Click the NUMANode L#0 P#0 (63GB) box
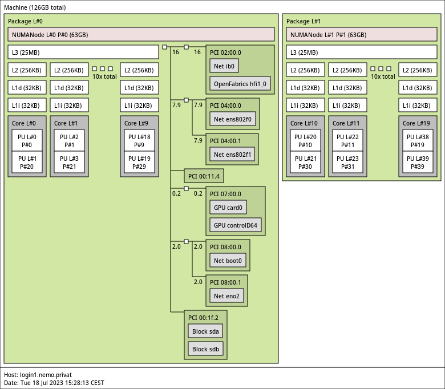pos(141,34)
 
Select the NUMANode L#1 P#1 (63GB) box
pos(362,34)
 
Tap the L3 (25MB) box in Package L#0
pos(83,52)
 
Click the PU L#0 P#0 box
pos(27,141)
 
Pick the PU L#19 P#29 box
pos(139,163)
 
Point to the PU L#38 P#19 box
pos(418,141)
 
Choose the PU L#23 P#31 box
pos(347,163)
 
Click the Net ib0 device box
pos(224,66)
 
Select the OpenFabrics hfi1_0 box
pos(240,84)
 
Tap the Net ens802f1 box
pos(232,155)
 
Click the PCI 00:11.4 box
pos(204,176)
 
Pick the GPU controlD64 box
pos(236,225)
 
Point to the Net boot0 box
pos(228,261)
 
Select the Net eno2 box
pos(226,296)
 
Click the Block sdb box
pos(205,349)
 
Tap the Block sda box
pos(205,331)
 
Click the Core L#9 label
pos(136,123)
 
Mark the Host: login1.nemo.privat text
pos(38,375)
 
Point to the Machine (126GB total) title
pos(35,7)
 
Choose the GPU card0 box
pos(228,208)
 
